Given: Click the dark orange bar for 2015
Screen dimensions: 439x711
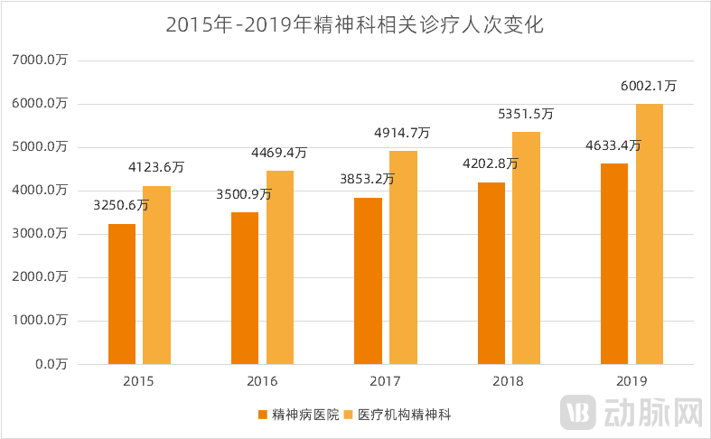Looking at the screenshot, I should click(122, 294).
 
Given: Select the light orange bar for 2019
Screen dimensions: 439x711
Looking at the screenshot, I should click(649, 234).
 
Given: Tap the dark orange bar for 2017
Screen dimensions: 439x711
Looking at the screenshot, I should click(368, 281).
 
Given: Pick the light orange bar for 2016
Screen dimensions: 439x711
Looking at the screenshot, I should click(280, 267).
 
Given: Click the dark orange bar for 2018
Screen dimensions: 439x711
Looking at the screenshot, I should click(491, 273).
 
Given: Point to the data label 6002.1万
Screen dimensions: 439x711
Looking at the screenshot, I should click(649, 86).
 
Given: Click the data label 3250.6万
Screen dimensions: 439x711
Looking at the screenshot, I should click(121, 205).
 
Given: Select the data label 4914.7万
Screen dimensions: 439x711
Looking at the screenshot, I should click(402, 133).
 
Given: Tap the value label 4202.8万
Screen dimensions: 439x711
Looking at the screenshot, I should click(491, 163).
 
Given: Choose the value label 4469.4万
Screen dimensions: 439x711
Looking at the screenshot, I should click(279, 153).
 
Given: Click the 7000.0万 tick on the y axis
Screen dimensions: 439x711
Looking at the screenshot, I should click(42, 61).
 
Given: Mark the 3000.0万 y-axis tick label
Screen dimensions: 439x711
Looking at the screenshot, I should click(42, 234).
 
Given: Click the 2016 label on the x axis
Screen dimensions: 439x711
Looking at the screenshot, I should click(263, 382).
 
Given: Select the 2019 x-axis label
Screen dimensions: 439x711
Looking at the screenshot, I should click(631, 382).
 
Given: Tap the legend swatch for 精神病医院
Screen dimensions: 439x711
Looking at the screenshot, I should click(263, 415).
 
